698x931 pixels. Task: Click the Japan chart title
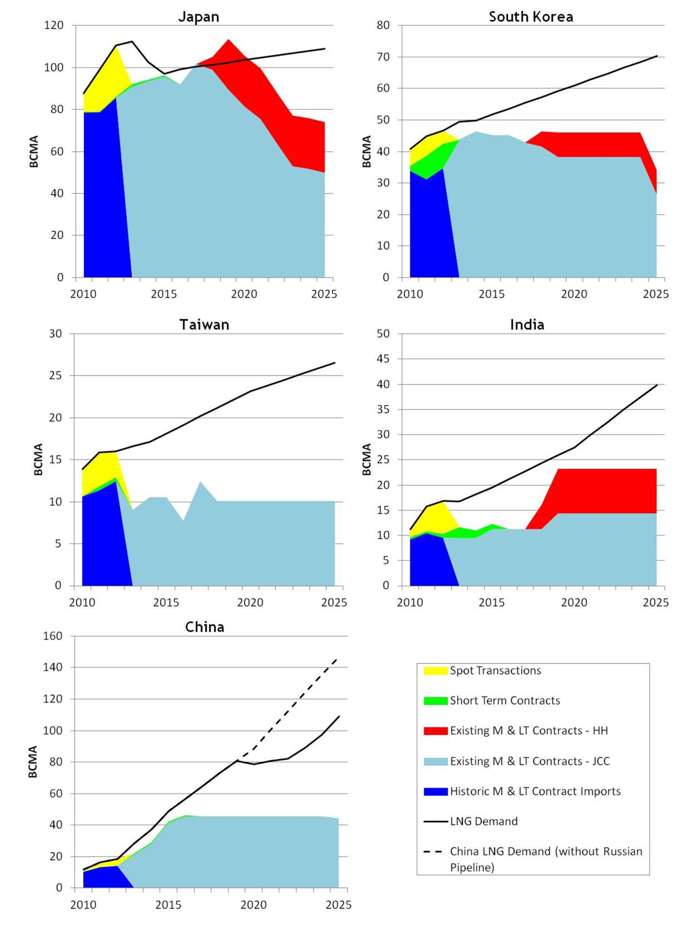tap(198, 16)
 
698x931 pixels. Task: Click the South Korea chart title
tap(530, 16)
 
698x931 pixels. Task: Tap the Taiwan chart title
tap(204, 324)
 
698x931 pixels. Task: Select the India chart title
tap(527, 324)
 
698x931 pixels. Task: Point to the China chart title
tap(204, 627)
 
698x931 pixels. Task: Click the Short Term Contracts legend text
tap(505, 701)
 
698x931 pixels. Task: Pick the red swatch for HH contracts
tap(435, 731)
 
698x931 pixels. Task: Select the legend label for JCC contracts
tap(529, 761)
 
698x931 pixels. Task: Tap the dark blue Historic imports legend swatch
tap(435, 791)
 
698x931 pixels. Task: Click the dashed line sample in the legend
tap(435, 852)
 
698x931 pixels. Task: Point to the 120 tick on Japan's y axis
tap(54, 25)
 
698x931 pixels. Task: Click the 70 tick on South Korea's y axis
tap(383, 57)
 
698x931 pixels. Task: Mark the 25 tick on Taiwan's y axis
tap(55, 375)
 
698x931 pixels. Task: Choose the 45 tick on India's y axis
tap(383, 359)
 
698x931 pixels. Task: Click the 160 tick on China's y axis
tap(53, 636)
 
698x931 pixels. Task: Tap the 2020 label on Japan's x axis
tap(244, 294)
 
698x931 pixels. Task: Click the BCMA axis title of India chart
tap(366, 459)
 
